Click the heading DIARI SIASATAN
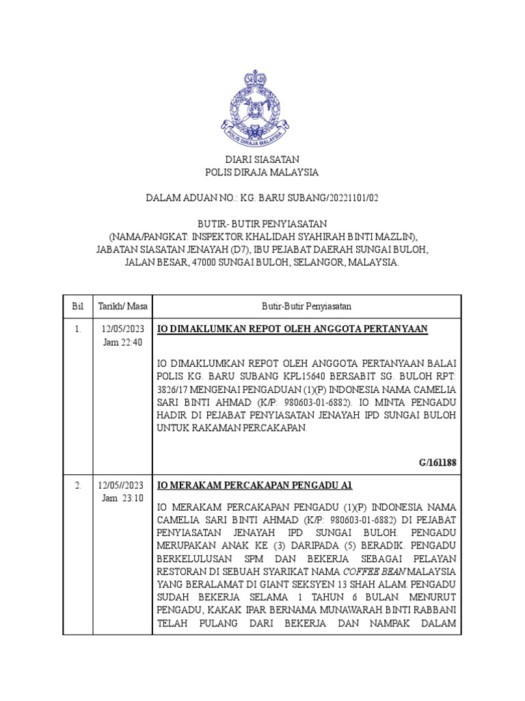tap(262, 160)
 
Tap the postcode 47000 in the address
tap(205, 262)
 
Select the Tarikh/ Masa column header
tap(122, 305)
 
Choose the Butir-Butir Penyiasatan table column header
tap(306, 305)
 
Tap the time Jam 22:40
tap(122, 342)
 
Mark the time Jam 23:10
tap(122, 498)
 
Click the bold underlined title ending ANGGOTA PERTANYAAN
tap(293, 329)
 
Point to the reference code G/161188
tap(437, 463)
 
